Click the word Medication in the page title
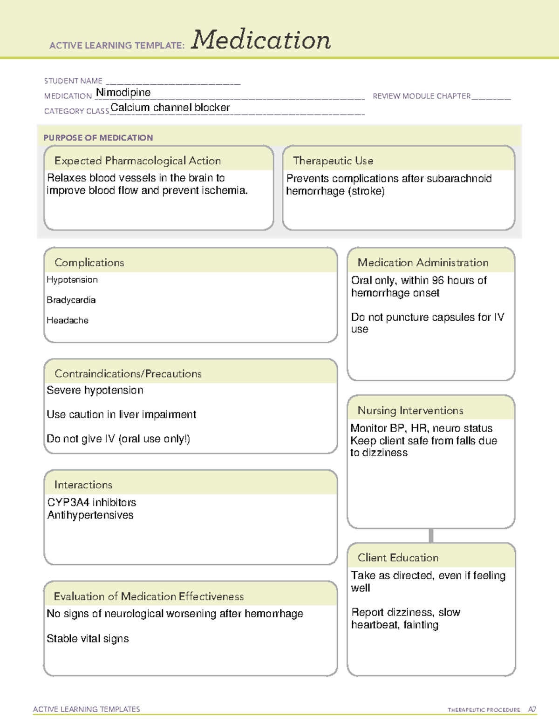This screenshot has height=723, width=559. [261, 40]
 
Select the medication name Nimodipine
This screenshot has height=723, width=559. [123, 93]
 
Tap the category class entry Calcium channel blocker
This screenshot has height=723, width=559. [170, 108]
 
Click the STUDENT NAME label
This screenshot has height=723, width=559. [73, 81]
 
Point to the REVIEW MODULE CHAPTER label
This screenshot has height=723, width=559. [422, 96]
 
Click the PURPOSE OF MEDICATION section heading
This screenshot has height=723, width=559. [98, 138]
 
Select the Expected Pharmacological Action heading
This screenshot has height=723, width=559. [137, 161]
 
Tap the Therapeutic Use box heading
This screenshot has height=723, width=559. [333, 161]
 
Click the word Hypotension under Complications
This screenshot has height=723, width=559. [72, 280]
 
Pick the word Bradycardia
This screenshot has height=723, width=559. [71, 300]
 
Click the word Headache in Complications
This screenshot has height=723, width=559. [68, 320]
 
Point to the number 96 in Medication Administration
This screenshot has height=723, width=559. [438, 280]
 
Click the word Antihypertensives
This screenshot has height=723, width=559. [90, 515]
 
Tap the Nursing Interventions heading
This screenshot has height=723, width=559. [410, 411]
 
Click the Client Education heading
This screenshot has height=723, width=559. [398, 558]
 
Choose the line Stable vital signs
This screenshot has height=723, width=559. [88, 639]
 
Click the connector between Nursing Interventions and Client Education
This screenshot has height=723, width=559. [431, 535]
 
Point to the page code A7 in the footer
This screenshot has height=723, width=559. [532, 709]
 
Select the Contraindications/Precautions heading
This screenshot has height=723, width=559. [128, 374]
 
